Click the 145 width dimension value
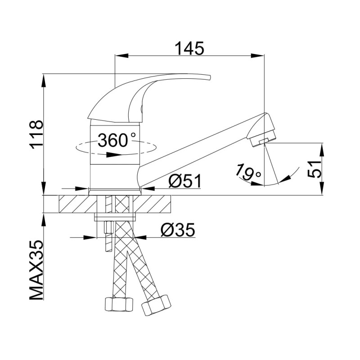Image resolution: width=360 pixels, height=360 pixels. coord(189,49)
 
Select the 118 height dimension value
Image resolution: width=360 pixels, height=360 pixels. coord(36,135)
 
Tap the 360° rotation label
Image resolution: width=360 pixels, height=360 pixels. coord(117,140)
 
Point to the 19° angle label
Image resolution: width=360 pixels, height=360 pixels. coord(248,172)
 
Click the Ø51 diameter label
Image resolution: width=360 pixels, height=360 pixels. coord(185,181)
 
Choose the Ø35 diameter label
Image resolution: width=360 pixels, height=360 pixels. coord(178,229)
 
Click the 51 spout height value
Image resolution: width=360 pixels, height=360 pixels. coord(314,169)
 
